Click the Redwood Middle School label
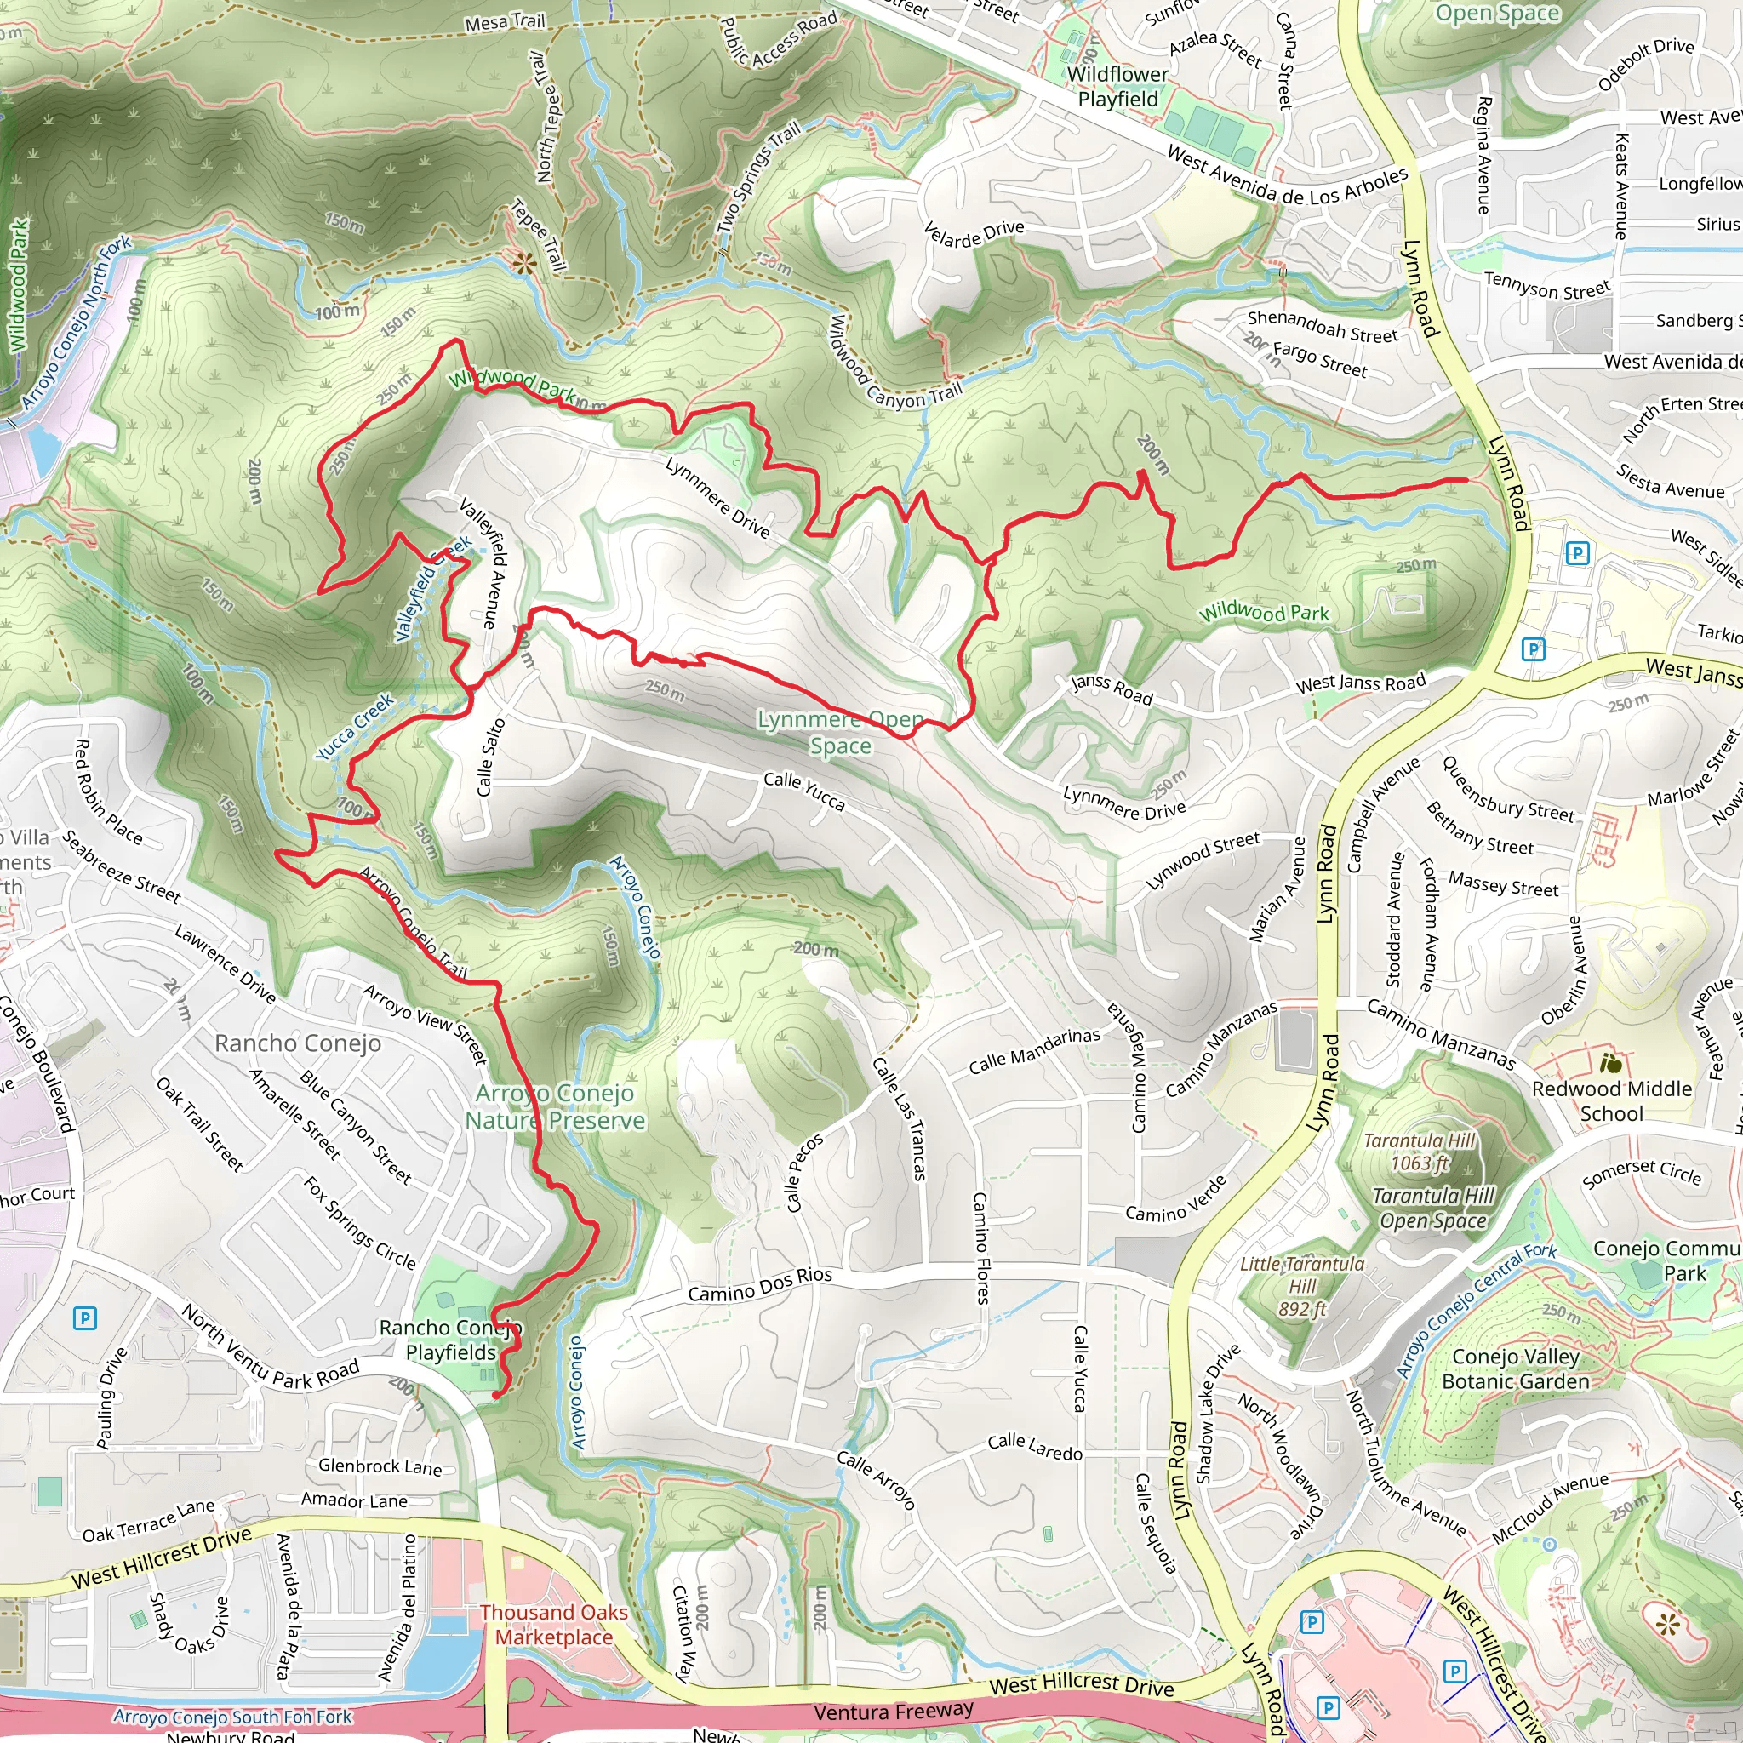pos(1611,1100)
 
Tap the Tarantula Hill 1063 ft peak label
pos(1419,1152)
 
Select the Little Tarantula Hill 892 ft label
pos(1302,1286)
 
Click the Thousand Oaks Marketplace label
pos(554,1624)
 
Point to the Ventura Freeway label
pos(893,1711)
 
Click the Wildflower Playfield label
pos(1117,87)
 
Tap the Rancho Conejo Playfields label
pos(450,1340)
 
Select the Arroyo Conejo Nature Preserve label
pos(555,1106)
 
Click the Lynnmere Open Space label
pos(840,733)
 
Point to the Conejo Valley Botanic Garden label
pos(1516,1369)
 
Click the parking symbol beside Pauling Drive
pos(84,1319)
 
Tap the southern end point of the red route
pos(496,1396)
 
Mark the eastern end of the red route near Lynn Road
pos(1466,480)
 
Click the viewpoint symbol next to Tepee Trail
pos(523,264)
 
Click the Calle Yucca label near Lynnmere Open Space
pos(803,791)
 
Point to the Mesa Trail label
pos(505,20)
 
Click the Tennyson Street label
pos(1547,285)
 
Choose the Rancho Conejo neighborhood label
pos(298,1043)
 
